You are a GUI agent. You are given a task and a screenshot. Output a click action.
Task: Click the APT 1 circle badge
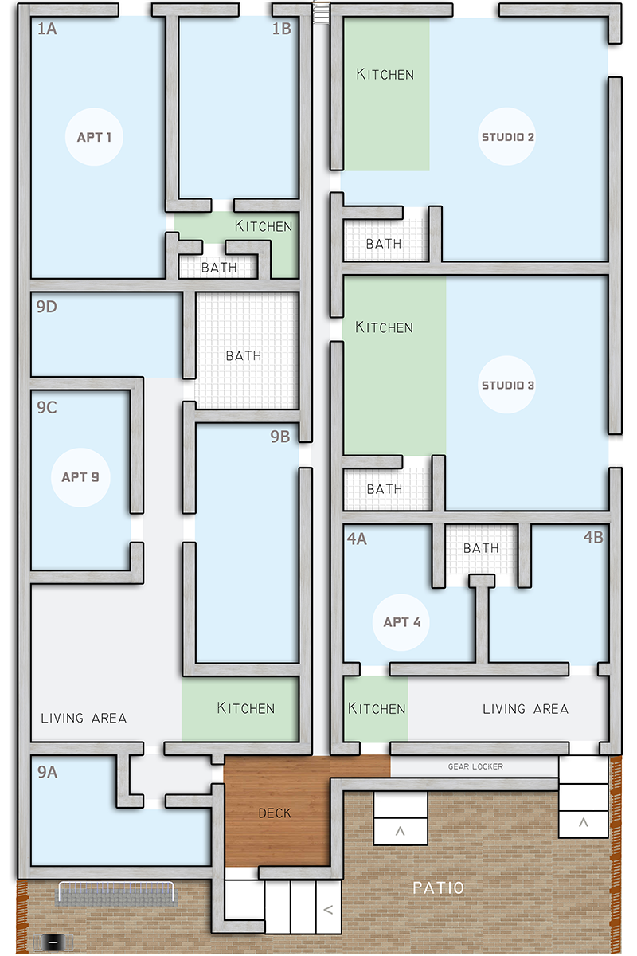tap(94, 136)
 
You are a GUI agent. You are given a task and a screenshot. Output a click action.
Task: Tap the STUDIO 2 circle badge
tap(507, 136)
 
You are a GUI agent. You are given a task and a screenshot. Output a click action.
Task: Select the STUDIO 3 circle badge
tap(507, 385)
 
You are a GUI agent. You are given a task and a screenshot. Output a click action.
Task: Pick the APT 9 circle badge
tap(80, 477)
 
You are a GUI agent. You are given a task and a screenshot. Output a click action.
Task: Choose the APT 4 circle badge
tap(401, 622)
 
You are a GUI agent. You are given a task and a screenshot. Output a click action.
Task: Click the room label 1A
tap(47, 29)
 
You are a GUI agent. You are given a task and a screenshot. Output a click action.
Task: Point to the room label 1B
tap(282, 29)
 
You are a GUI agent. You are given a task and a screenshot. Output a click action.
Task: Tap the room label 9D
tap(46, 307)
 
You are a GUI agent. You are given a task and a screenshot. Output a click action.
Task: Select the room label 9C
tap(46, 407)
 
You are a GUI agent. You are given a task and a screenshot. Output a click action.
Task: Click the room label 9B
tap(280, 437)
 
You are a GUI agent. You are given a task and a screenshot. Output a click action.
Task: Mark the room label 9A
tap(47, 772)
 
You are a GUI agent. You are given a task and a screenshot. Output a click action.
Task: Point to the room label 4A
tap(357, 539)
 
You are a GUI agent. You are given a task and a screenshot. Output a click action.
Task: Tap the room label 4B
tap(593, 537)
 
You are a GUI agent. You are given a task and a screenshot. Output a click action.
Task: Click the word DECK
tap(275, 813)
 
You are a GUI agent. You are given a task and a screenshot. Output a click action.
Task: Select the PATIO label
tap(438, 888)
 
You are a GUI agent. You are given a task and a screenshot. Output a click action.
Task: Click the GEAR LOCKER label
tap(475, 766)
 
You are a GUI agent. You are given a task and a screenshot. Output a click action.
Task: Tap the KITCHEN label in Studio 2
tap(385, 74)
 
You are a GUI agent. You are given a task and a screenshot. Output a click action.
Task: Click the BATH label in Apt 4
tap(481, 548)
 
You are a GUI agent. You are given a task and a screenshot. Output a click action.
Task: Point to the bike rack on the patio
tap(116, 893)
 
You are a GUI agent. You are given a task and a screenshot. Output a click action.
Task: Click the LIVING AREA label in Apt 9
tap(84, 718)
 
